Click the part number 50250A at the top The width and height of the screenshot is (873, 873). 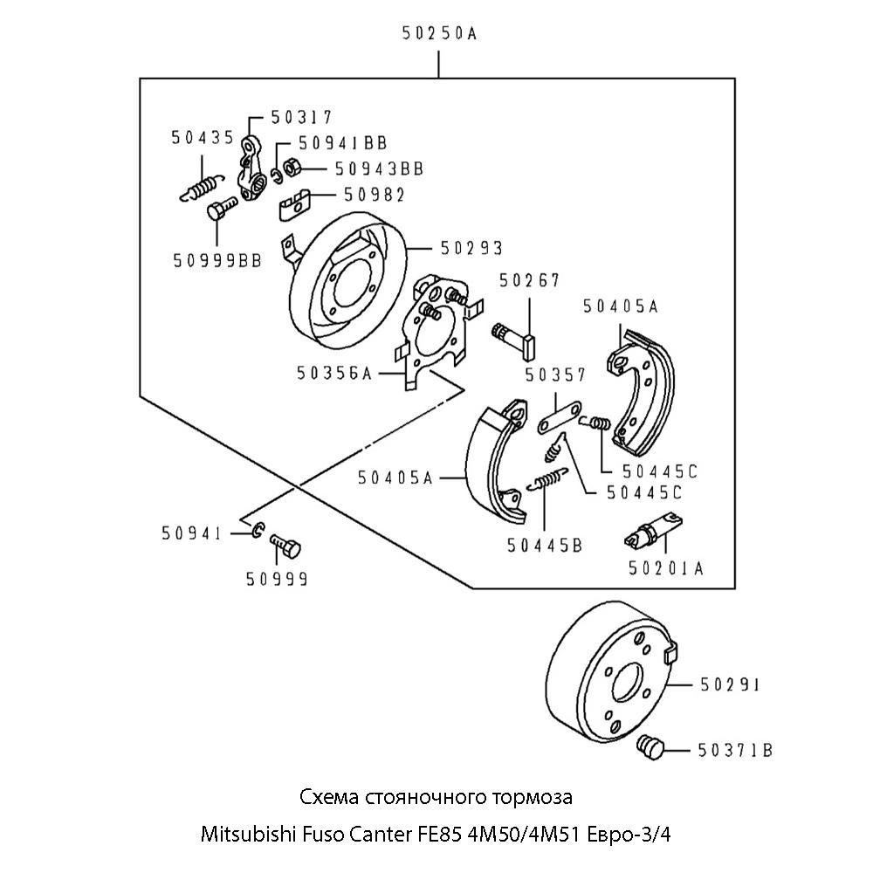(x=439, y=34)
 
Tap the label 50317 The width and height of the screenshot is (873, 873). (x=301, y=117)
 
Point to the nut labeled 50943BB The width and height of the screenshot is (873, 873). (x=294, y=167)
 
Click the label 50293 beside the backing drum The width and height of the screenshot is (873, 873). (x=471, y=249)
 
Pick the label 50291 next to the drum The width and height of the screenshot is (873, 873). (x=730, y=686)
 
